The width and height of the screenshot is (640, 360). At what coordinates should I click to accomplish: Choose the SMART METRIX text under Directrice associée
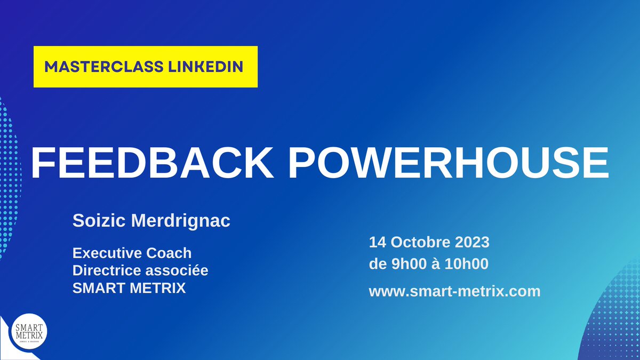130,289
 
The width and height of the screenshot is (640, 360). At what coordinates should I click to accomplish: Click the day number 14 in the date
378,242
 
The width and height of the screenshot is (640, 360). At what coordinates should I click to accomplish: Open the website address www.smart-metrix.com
454,291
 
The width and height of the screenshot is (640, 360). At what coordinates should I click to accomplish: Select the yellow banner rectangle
146,67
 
